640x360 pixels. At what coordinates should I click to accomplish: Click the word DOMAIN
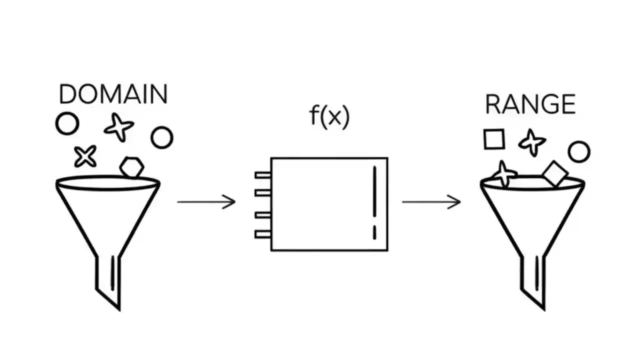click(113, 94)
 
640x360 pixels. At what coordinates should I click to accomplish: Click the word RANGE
click(530, 104)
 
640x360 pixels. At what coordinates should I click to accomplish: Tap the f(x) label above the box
click(329, 116)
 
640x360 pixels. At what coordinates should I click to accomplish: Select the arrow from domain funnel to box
click(206, 202)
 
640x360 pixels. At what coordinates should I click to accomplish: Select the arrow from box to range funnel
click(431, 202)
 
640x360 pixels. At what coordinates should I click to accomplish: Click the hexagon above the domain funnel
click(132, 167)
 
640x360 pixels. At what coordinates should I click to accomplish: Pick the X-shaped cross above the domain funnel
click(85, 156)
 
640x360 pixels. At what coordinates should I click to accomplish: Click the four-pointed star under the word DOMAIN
click(119, 127)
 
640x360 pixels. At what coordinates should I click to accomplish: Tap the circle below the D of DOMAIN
click(67, 124)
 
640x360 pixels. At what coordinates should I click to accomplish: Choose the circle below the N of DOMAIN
click(161, 138)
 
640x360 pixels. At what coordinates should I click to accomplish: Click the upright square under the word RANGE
click(494, 139)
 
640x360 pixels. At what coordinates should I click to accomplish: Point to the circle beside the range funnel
click(579, 152)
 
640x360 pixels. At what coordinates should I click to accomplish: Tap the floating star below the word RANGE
click(531, 142)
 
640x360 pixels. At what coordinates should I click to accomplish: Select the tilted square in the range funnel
click(555, 174)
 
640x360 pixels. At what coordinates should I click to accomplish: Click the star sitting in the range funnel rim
click(504, 174)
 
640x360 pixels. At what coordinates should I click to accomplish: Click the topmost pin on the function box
click(262, 175)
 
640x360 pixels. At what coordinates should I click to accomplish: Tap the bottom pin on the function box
click(262, 233)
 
